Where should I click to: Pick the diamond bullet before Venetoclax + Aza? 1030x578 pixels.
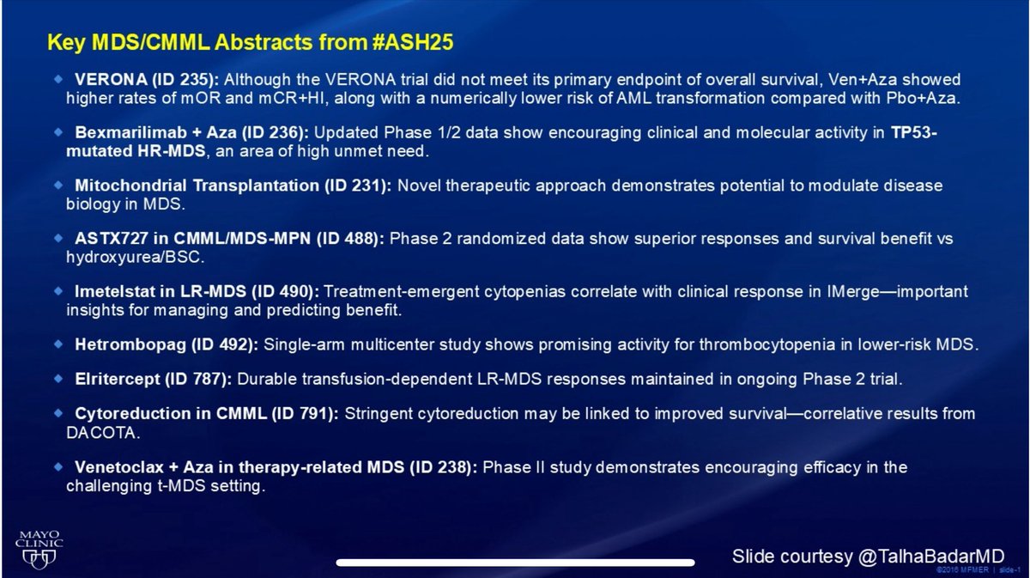[58, 467]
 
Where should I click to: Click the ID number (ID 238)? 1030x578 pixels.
[446, 468]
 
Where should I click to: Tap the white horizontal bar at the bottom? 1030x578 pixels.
[515, 563]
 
